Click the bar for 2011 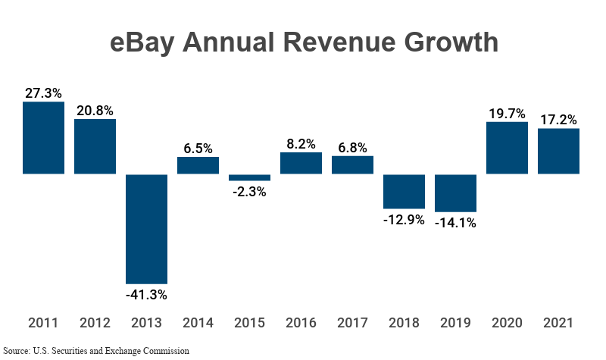43,138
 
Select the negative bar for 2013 146,229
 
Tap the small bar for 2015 249,177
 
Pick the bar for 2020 507,148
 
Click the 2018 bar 404,191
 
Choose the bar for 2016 301,164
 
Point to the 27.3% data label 43,93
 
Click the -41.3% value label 146,294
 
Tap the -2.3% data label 249,192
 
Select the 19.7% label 507,113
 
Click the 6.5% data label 198,149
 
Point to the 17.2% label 558,120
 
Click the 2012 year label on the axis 95,322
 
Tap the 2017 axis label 352,322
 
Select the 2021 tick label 558,322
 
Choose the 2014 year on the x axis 198,322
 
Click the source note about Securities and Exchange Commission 95,351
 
